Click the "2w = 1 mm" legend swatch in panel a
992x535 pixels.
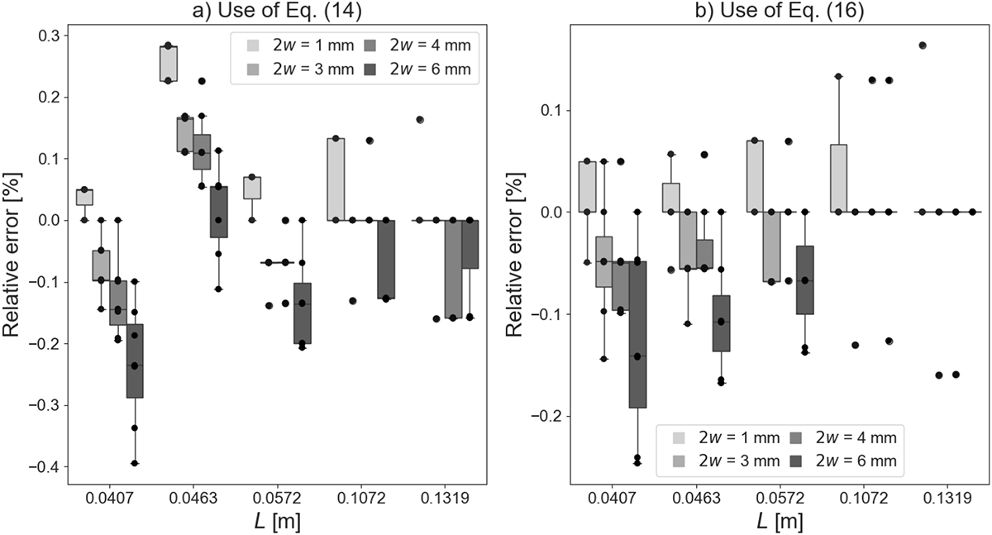(x=256, y=45)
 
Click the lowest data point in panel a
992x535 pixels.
(x=135, y=463)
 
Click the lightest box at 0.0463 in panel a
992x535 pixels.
(x=169, y=64)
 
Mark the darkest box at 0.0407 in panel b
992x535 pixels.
(x=637, y=334)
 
